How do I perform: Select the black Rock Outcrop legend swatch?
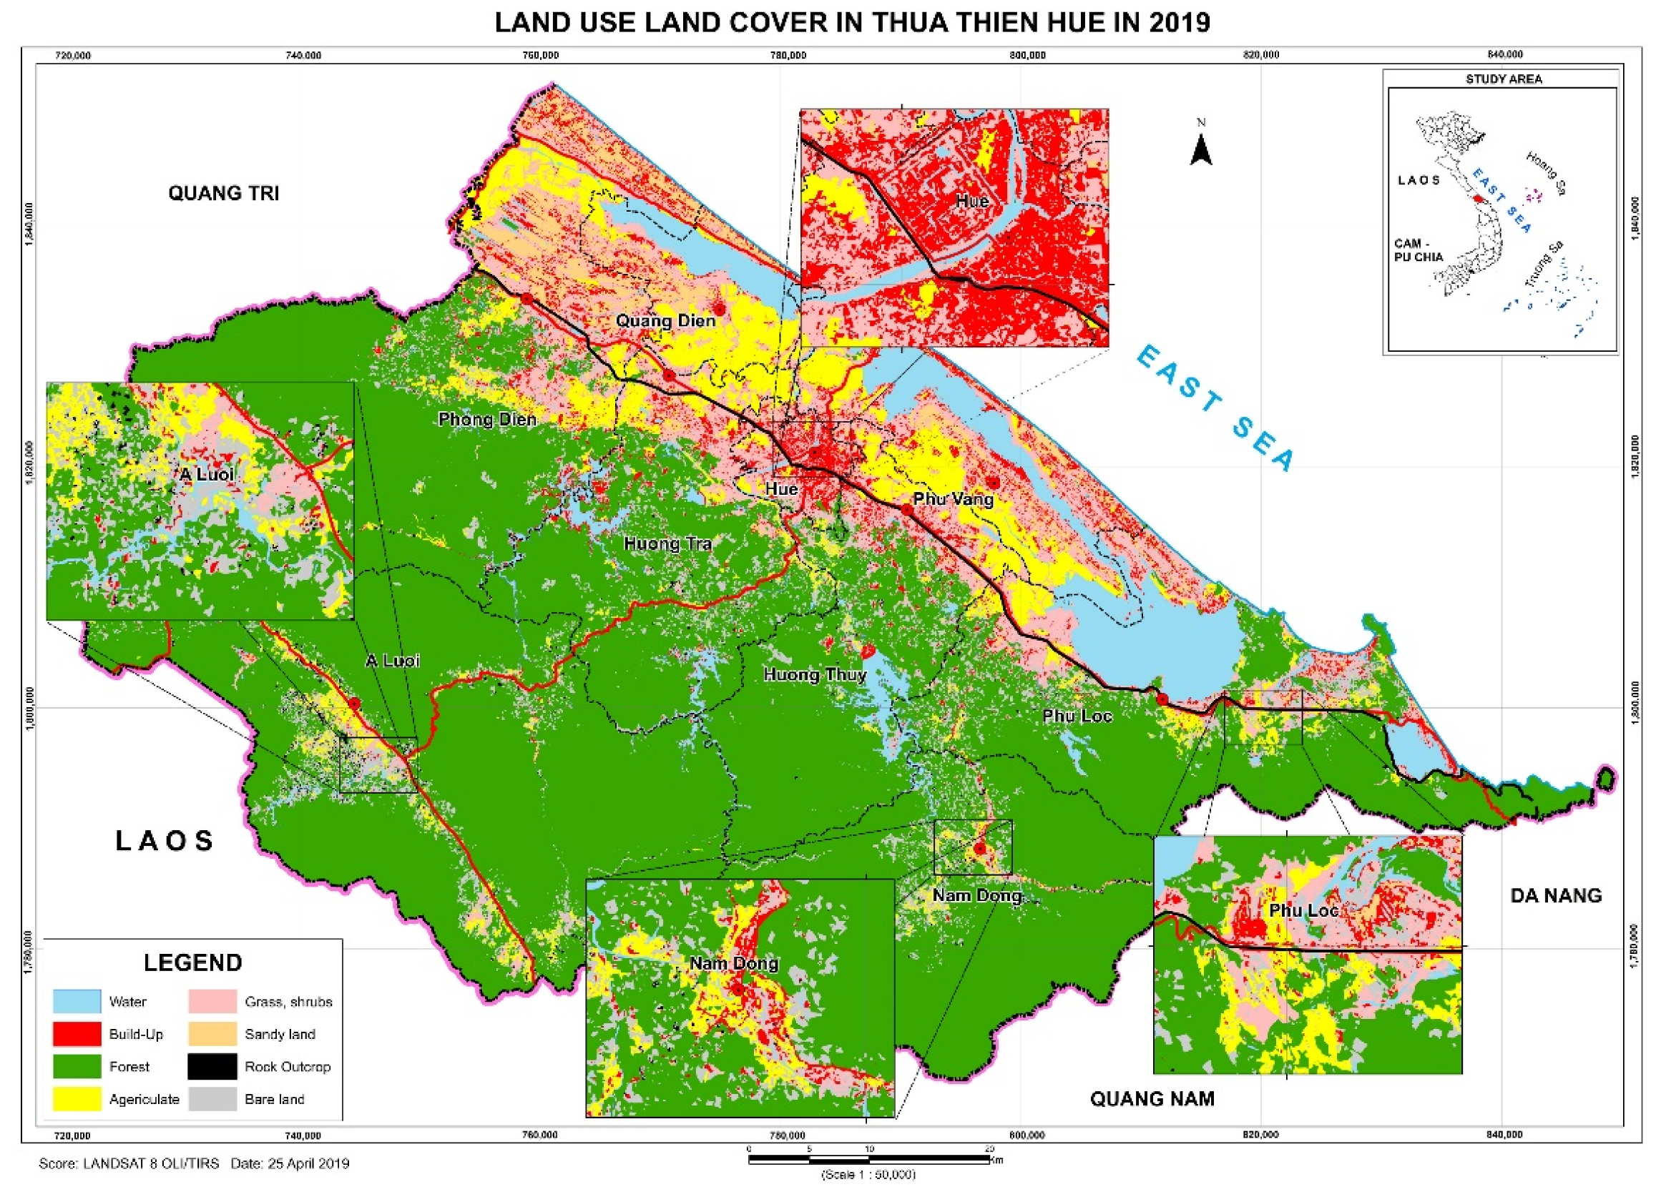212,1067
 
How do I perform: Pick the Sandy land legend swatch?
212,1034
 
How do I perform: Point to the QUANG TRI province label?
223,193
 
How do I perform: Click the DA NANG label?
1556,895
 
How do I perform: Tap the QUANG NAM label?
1152,1099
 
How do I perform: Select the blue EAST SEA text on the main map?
1216,408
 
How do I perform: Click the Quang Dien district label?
665,320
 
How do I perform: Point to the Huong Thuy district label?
814,674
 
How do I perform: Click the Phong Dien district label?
487,420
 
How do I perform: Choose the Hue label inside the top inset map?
973,202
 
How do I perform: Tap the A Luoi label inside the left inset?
207,474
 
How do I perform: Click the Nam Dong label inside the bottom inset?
734,963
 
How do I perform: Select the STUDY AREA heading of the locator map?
1504,79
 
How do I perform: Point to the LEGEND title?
192,962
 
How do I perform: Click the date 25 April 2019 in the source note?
308,1163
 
